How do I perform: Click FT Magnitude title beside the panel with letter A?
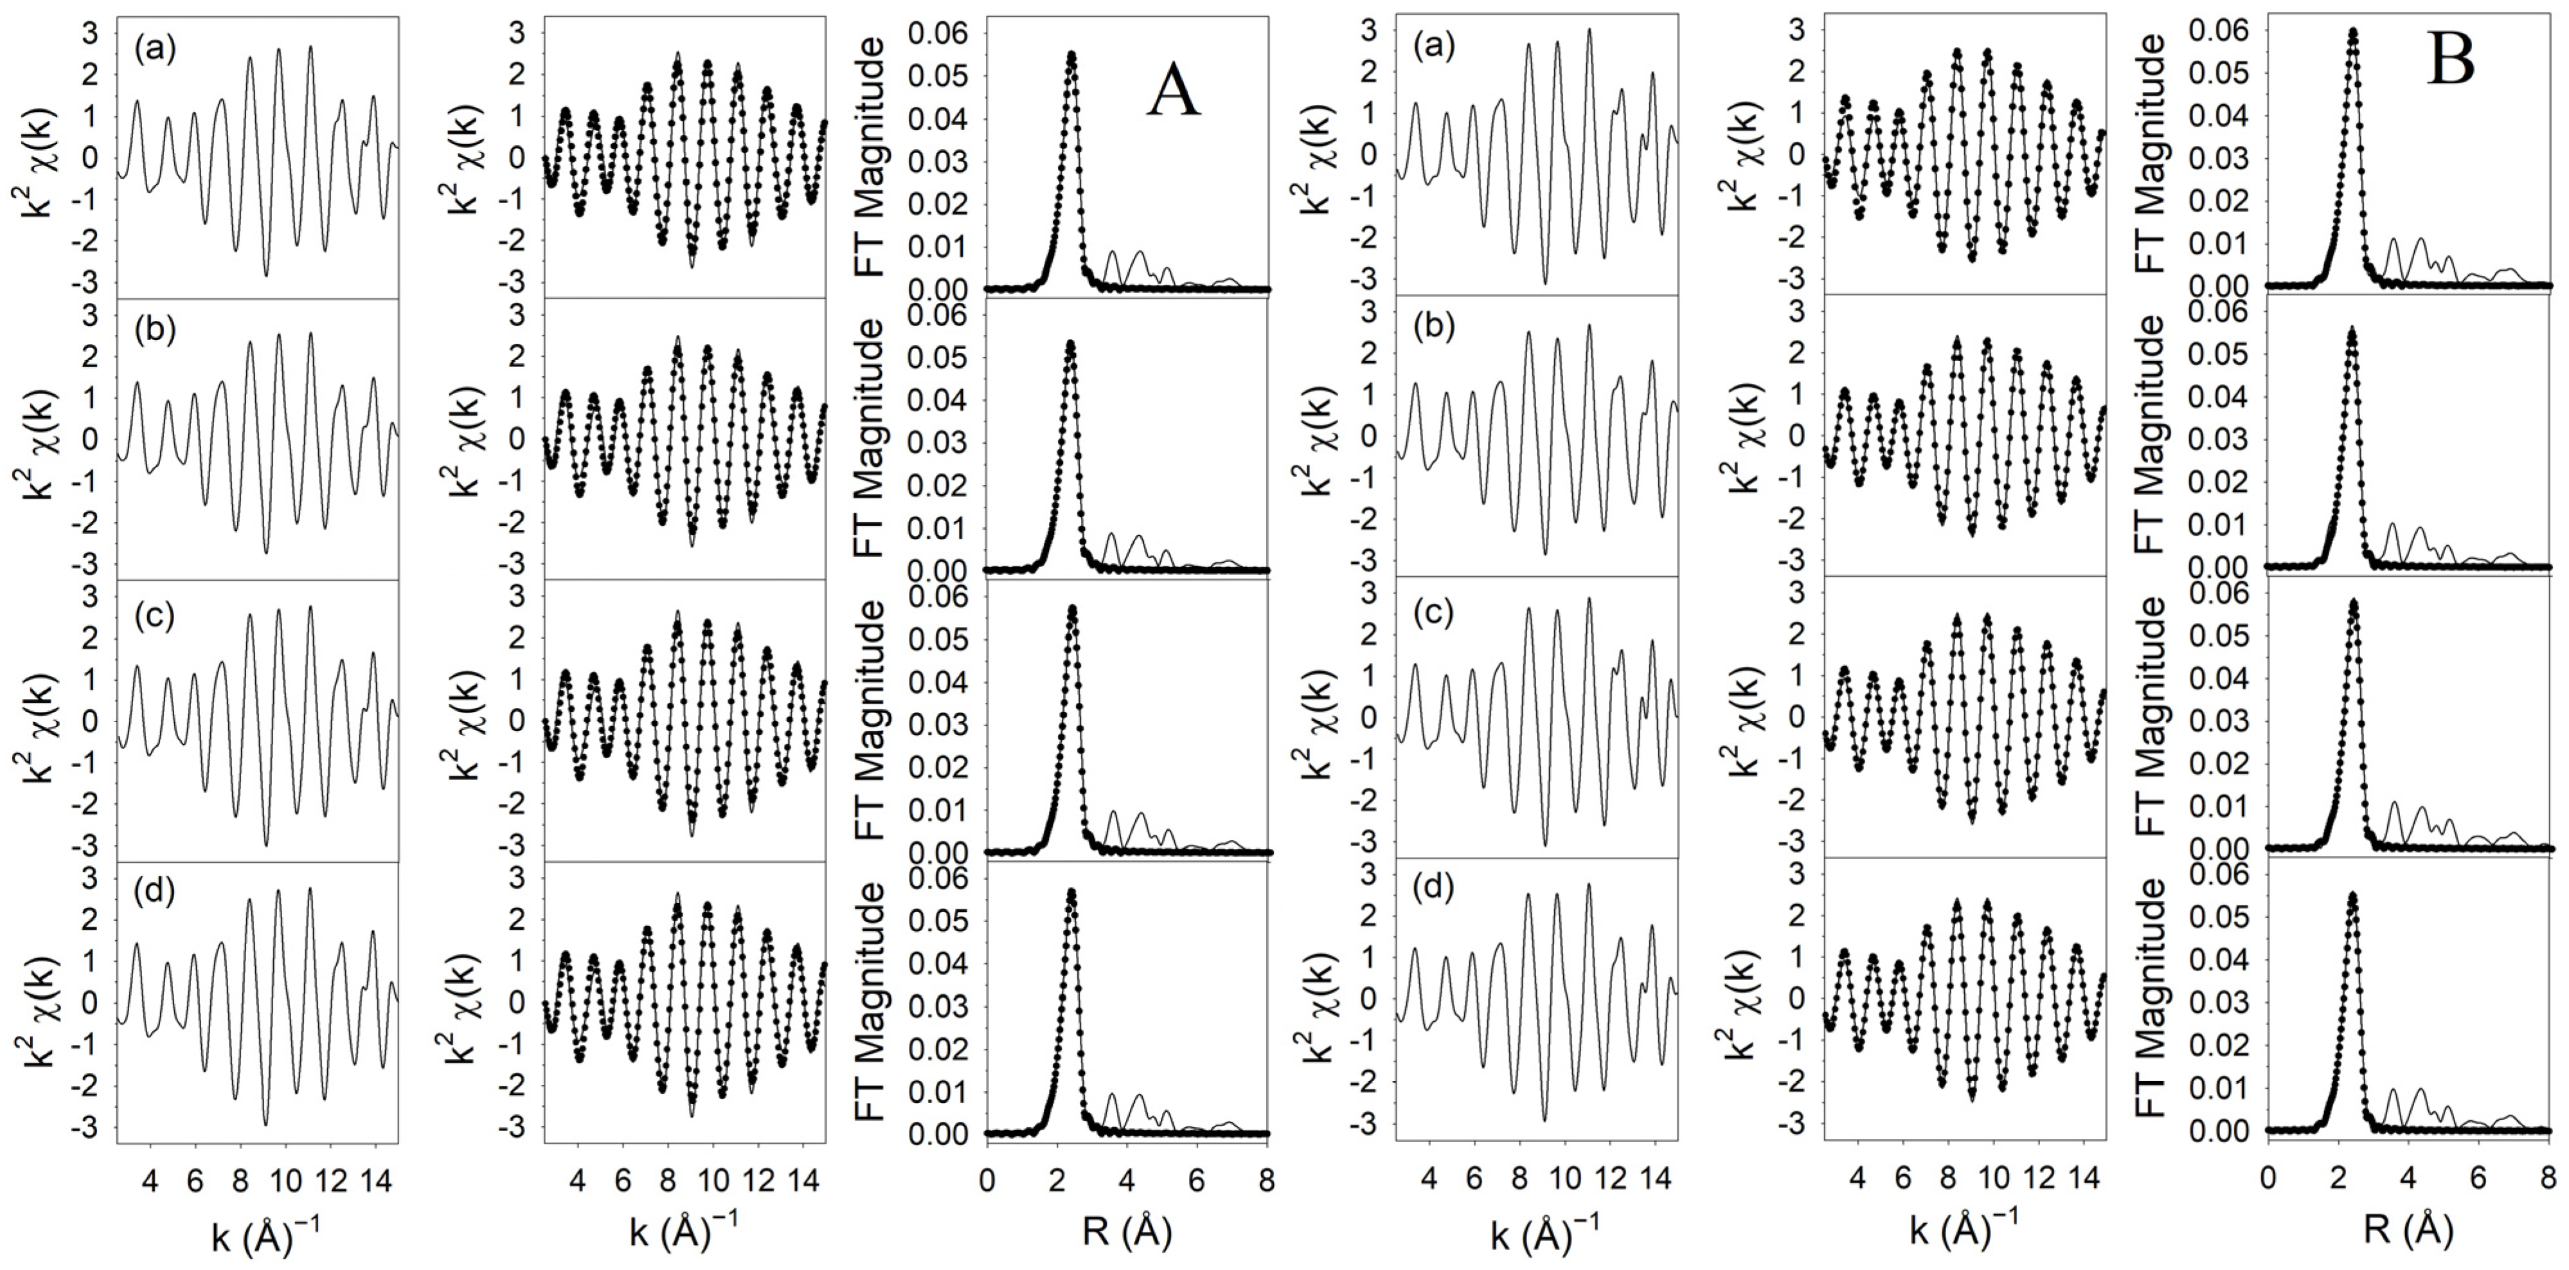[871, 159]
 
